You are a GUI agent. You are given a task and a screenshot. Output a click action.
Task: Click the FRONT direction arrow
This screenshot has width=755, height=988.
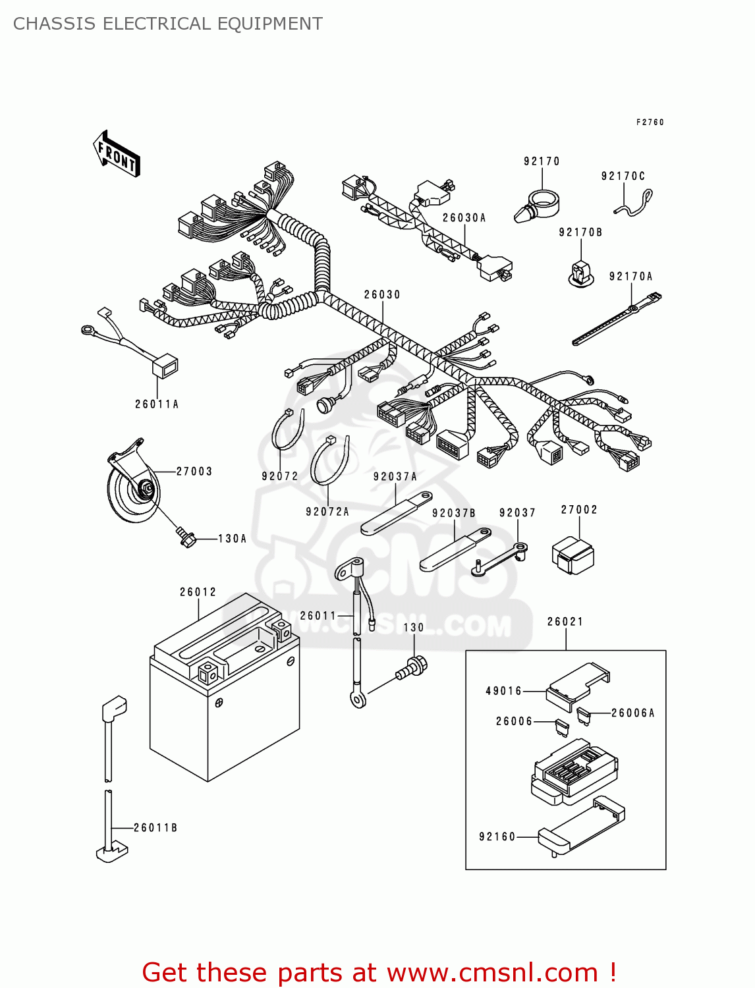coord(117,154)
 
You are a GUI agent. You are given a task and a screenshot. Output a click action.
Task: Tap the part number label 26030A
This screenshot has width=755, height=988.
coord(464,218)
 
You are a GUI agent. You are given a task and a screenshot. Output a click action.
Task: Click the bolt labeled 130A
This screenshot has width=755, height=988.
coord(186,537)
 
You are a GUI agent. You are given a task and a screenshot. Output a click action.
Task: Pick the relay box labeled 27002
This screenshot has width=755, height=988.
coord(572,555)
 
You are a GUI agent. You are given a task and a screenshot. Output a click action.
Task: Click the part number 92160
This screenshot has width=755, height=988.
coord(497,837)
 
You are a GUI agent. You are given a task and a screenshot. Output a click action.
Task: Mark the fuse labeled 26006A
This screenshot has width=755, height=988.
coord(583,715)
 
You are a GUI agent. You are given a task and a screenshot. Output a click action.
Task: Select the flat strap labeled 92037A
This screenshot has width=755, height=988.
coord(395,512)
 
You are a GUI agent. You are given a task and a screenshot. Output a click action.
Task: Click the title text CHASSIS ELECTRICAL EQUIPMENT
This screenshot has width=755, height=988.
coord(168,24)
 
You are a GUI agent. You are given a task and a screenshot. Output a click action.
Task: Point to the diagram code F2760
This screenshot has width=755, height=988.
coord(650,123)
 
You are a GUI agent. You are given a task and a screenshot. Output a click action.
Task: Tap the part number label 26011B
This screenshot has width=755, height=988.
coord(155,827)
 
